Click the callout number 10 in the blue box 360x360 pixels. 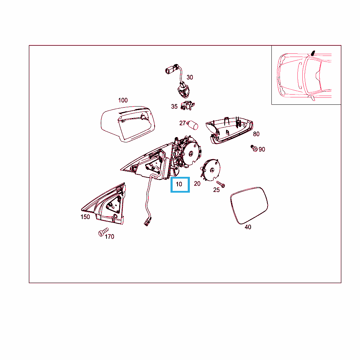[179, 184]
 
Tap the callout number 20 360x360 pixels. [197, 184]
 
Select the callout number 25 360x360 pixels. [216, 190]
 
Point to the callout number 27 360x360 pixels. [182, 123]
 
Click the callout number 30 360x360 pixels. [189, 77]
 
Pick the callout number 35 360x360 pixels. [174, 107]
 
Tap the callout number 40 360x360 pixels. [248, 227]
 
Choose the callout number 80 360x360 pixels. [256, 134]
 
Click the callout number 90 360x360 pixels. [262, 149]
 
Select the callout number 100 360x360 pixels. [123, 100]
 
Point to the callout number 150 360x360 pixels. [85, 217]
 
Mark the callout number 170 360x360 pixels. [109, 237]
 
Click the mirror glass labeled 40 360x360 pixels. [249, 205]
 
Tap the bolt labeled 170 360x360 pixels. [103, 232]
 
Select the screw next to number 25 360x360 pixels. [221, 184]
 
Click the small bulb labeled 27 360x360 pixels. [193, 125]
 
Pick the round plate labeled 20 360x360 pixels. [211, 170]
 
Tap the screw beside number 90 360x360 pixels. [254, 148]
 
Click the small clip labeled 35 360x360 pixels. [188, 105]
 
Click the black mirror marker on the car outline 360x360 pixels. [313, 53]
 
